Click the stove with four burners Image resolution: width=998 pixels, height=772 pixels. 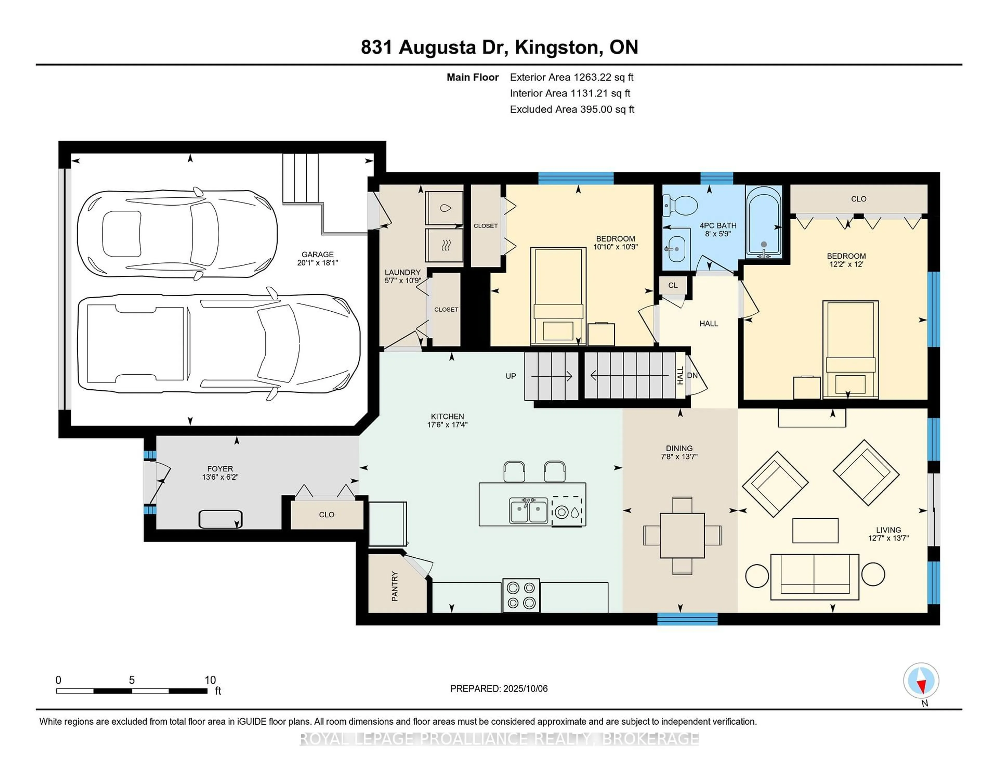[x=521, y=595]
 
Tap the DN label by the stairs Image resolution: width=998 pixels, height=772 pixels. [x=692, y=376]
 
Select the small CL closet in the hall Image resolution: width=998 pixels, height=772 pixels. [x=673, y=285]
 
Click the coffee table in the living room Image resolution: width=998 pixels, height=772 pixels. [x=815, y=531]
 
